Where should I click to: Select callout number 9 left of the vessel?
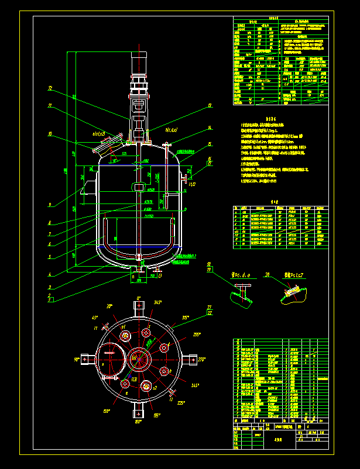tap(50, 205)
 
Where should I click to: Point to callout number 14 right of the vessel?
tap(209, 128)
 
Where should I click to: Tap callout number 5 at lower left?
tap(50, 256)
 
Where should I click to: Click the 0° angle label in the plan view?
tap(139, 298)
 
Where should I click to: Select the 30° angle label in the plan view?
tap(109, 306)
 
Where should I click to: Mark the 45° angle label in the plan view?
tap(94, 318)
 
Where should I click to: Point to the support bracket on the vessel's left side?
tap(89, 187)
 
